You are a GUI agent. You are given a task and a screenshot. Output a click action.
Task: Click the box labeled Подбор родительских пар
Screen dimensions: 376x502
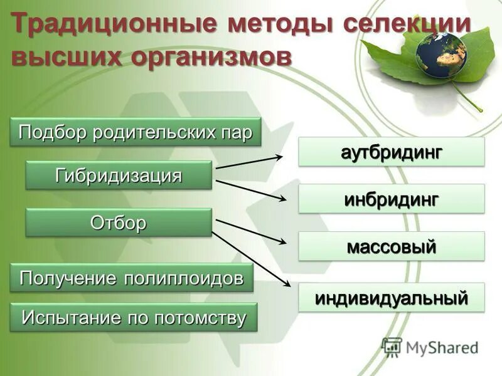tap(135, 132)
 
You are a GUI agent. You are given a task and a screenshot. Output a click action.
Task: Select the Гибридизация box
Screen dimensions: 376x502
tap(119, 175)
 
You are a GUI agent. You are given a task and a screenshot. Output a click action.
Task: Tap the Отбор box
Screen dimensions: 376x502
tap(119, 222)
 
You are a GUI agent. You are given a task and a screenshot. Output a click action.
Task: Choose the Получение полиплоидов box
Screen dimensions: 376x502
tap(132, 278)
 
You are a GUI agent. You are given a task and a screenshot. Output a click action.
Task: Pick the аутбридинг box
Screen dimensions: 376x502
tap(392, 152)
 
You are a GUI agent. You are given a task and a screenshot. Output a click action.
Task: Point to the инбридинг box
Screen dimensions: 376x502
tap(392, 199)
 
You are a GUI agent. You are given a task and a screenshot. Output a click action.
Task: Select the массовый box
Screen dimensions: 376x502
tap(392, 246)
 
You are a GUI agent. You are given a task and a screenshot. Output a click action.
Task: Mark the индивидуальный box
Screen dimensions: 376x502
tap(392, 297)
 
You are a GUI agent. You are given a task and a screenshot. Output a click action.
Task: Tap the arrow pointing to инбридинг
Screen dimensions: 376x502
tap(251, 191)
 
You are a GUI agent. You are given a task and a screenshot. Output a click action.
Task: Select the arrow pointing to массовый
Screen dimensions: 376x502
tap(251, 231)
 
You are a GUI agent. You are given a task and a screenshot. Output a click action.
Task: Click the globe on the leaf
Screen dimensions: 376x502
tap(441, 55)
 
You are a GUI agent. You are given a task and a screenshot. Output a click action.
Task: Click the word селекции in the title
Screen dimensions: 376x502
tap(407, 25)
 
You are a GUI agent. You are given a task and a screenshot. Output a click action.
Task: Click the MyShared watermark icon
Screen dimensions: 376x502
tap(392, 347)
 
